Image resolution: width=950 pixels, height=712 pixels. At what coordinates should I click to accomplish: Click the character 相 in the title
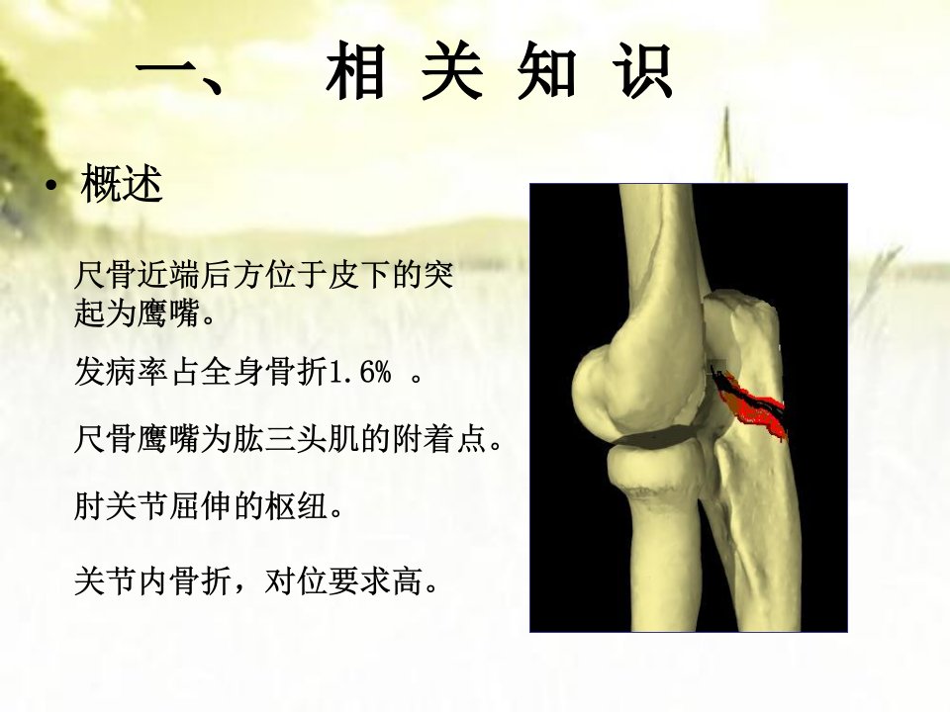[356, 71]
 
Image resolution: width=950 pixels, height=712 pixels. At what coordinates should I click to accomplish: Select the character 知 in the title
[546, 71]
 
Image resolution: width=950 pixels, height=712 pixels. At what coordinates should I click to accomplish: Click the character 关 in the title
[452, 71]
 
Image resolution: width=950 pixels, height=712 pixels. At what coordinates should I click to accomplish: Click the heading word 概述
[122, 184]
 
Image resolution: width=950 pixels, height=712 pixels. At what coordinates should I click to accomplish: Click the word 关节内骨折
[153, 581]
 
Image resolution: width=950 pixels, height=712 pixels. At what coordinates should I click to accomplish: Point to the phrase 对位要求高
[344, 581]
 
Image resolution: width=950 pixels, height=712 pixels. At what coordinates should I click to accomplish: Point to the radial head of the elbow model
[655, 468]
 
